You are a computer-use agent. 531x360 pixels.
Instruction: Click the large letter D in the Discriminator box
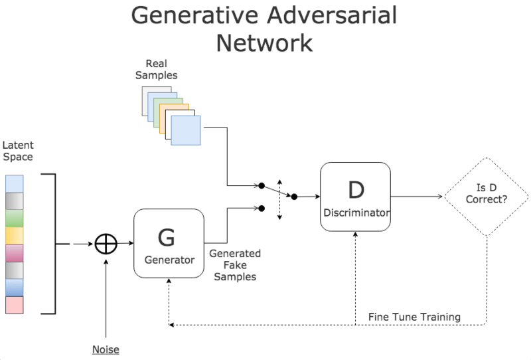click(355, 190)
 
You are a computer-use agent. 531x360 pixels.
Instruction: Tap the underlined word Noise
click(106, 349)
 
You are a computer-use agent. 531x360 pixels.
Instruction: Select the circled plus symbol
click(106, 244)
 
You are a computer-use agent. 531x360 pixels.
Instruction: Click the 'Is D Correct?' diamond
click(487, 197)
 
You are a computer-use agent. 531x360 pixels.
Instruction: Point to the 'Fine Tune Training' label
click(414, 317)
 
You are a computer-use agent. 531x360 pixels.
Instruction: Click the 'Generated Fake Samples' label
click(234, 264)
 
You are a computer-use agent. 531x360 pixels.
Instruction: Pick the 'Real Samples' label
click(156, 70)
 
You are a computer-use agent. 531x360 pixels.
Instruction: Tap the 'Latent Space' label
click(17, 151)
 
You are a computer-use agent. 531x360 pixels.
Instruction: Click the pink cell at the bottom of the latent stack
click(14, 305)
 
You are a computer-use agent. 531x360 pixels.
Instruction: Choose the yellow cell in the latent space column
click(14, 235)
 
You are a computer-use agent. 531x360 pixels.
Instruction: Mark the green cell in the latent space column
click(14, 218)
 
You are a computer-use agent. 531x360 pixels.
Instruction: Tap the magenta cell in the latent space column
click(14, 253)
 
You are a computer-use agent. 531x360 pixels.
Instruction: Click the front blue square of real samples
click(185, 130)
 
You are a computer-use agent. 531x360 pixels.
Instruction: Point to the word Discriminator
click(355, 213)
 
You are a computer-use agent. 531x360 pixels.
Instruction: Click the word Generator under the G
click(169, 260)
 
